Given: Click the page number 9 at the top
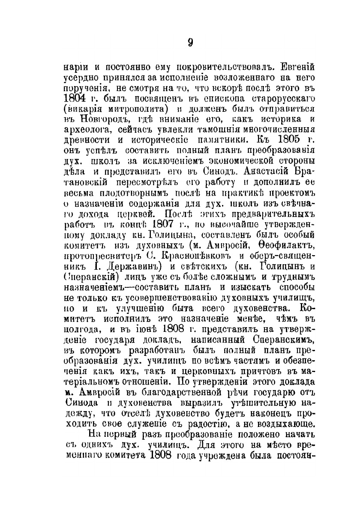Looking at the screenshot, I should pyautogui.click(x=190, y=42).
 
